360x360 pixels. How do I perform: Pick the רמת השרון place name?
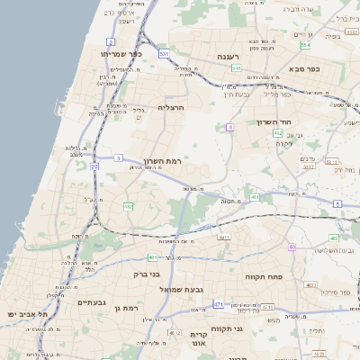[x=163, y=160]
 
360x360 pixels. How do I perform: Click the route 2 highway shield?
[x=111, y=42]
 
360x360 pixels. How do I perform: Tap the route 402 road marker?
[x=278, y=133]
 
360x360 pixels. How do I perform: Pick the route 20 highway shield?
[x=94, y=166]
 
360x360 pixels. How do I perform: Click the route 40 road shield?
[x=292, y=247]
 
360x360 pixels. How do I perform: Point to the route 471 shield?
[x=219, y=306]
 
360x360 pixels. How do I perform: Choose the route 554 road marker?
[x=305, y=44]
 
